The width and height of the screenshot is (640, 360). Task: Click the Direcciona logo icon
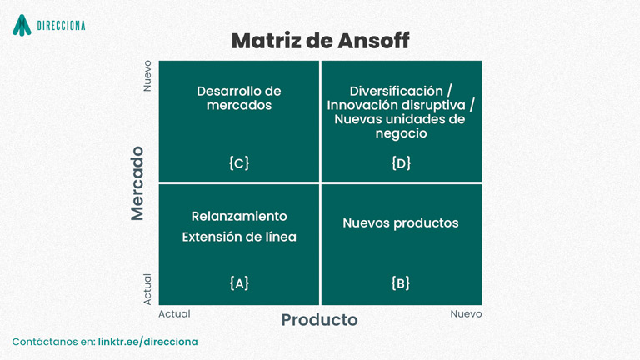tap(22, 25)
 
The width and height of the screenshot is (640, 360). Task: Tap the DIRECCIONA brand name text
tap(61, 26)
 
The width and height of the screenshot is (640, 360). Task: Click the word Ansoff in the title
tap(373, 40)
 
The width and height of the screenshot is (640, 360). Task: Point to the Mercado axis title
tap(137, 183)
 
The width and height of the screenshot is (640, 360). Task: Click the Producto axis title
tap(320, 320)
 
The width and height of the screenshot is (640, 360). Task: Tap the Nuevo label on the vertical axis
tap(147, 76)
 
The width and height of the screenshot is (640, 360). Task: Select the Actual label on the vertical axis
tap(147, 289)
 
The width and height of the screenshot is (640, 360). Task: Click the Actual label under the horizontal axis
tap(174, 313)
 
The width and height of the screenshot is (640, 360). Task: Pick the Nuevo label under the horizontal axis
tap(466, 313)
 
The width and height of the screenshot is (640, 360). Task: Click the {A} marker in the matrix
tap(239, 282)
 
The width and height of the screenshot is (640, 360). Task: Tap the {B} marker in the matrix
tap(401, 282)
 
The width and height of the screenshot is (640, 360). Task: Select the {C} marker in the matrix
tap(239, 162)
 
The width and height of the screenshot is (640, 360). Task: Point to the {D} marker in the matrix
tap(401, 162)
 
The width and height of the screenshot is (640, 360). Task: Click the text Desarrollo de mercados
tap(239, 98)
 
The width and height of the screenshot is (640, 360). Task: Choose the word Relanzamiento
tap(239, 216)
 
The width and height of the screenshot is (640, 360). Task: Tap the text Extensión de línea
tap(239, 237)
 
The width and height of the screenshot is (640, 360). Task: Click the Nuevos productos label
tap(401, 222)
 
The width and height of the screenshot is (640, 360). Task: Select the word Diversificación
tap(397, 91)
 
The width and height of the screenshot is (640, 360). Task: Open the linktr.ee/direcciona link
tap(147, 342)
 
